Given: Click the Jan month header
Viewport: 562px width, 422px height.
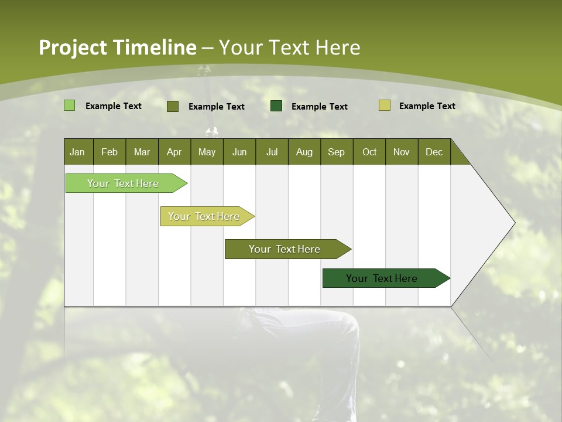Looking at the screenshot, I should point(78,152).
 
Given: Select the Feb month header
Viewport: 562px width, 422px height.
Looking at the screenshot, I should point(109,152).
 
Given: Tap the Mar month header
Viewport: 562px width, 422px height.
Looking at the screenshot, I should point(142,152).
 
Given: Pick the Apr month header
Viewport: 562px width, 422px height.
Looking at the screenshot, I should point(174,152).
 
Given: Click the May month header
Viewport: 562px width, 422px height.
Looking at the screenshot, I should point(207,152).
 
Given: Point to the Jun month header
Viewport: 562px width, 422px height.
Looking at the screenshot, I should point(239,152).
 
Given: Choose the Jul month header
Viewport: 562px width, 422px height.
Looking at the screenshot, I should point(272,152).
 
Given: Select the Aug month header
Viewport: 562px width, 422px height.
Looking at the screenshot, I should point(304,152).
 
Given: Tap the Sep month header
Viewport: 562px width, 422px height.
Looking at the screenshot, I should point(337,152).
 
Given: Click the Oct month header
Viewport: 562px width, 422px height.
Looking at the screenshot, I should point(369,152).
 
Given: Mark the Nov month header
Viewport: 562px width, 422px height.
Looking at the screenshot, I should point(402,152).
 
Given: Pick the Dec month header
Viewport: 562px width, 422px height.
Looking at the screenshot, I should point(434,152).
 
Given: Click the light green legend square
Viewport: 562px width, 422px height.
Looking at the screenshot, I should point(70,105).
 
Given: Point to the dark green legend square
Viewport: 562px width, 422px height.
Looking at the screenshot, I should point(276,105).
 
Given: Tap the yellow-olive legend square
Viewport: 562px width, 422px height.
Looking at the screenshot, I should point(385,105).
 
